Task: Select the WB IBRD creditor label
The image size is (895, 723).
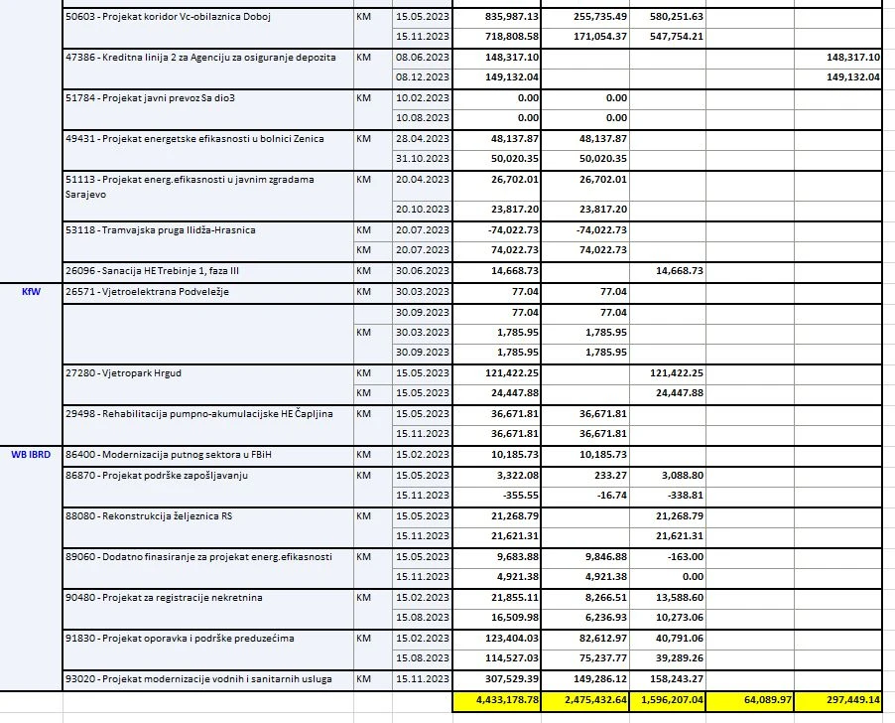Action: click(x=31, y=455)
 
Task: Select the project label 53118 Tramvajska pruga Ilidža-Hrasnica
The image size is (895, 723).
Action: click(x=160, y=229)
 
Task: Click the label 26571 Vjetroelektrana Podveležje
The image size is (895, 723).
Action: click(x=140, y=292)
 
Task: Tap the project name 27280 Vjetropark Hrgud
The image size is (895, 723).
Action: click(x=121, y=372)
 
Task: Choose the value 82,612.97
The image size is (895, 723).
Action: click(x=596, y=638)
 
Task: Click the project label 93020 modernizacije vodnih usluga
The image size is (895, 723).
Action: click(x=202, y=678)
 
